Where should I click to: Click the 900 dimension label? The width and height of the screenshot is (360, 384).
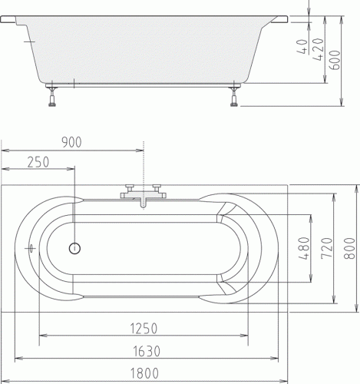(72, 142)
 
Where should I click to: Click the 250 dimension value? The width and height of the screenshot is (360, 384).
(38, 162)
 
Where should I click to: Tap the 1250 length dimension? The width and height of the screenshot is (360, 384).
(144, 329)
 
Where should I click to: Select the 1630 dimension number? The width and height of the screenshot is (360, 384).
(147, 351)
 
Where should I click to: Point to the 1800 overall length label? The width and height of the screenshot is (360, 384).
(144, 373)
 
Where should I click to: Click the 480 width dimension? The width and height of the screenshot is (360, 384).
(304, 248)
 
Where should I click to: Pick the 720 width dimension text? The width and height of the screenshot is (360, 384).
(327, 248)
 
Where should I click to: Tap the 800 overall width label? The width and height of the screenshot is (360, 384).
(349, 248)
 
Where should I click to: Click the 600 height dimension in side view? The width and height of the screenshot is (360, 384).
(335, 60)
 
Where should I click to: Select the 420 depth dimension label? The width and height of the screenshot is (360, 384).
(318, 49)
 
